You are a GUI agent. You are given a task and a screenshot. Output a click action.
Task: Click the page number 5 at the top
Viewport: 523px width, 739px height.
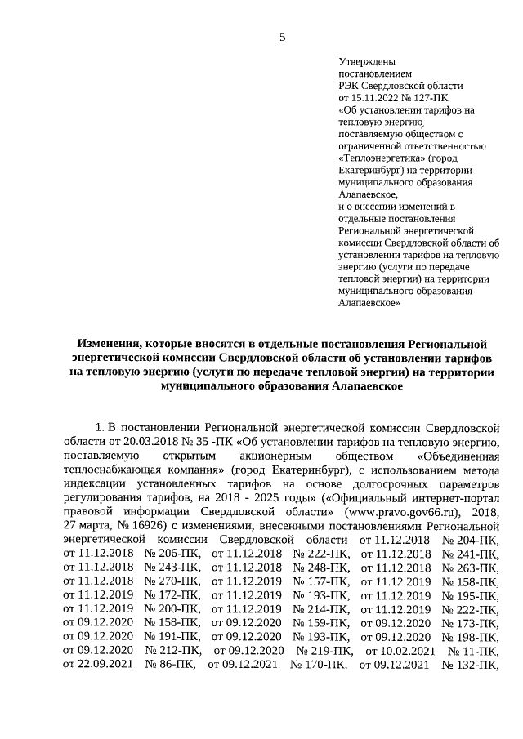click(x=283, y=37)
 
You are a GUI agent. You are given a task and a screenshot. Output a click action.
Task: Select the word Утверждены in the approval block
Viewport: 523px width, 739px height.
click(x=367, y=61)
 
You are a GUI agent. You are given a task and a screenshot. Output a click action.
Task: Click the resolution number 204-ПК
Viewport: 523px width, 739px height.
click(x=469, y=541)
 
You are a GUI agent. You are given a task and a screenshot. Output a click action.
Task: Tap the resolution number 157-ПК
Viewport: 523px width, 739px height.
click(x=320, y=582)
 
